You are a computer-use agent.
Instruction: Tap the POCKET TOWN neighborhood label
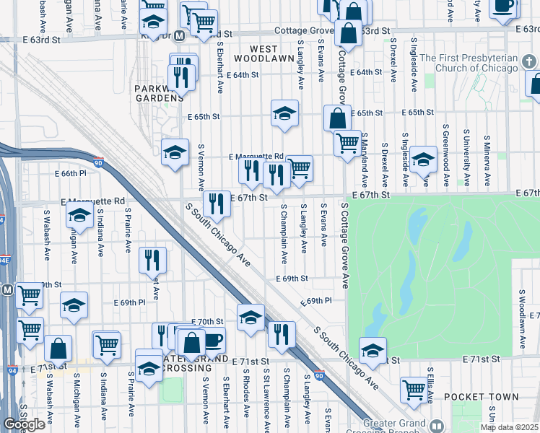[481, 397]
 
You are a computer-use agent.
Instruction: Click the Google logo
[24, 424]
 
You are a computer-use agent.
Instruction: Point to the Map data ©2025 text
[508, 427]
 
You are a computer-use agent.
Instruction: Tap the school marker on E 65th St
[285, 113]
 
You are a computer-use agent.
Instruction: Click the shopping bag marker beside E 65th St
[337, 118]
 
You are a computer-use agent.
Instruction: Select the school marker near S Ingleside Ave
[423, 159]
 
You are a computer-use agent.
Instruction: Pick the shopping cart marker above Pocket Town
[414, 389]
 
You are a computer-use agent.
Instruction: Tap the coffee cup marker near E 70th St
[212, 340]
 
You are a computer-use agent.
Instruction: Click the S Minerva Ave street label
[488, 157]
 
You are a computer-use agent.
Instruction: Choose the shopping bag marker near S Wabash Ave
[58, 349]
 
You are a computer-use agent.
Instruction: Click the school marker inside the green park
[373, 351]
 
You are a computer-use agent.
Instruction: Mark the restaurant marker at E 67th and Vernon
[216, 204]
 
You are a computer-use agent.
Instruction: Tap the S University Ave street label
[468, 155]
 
